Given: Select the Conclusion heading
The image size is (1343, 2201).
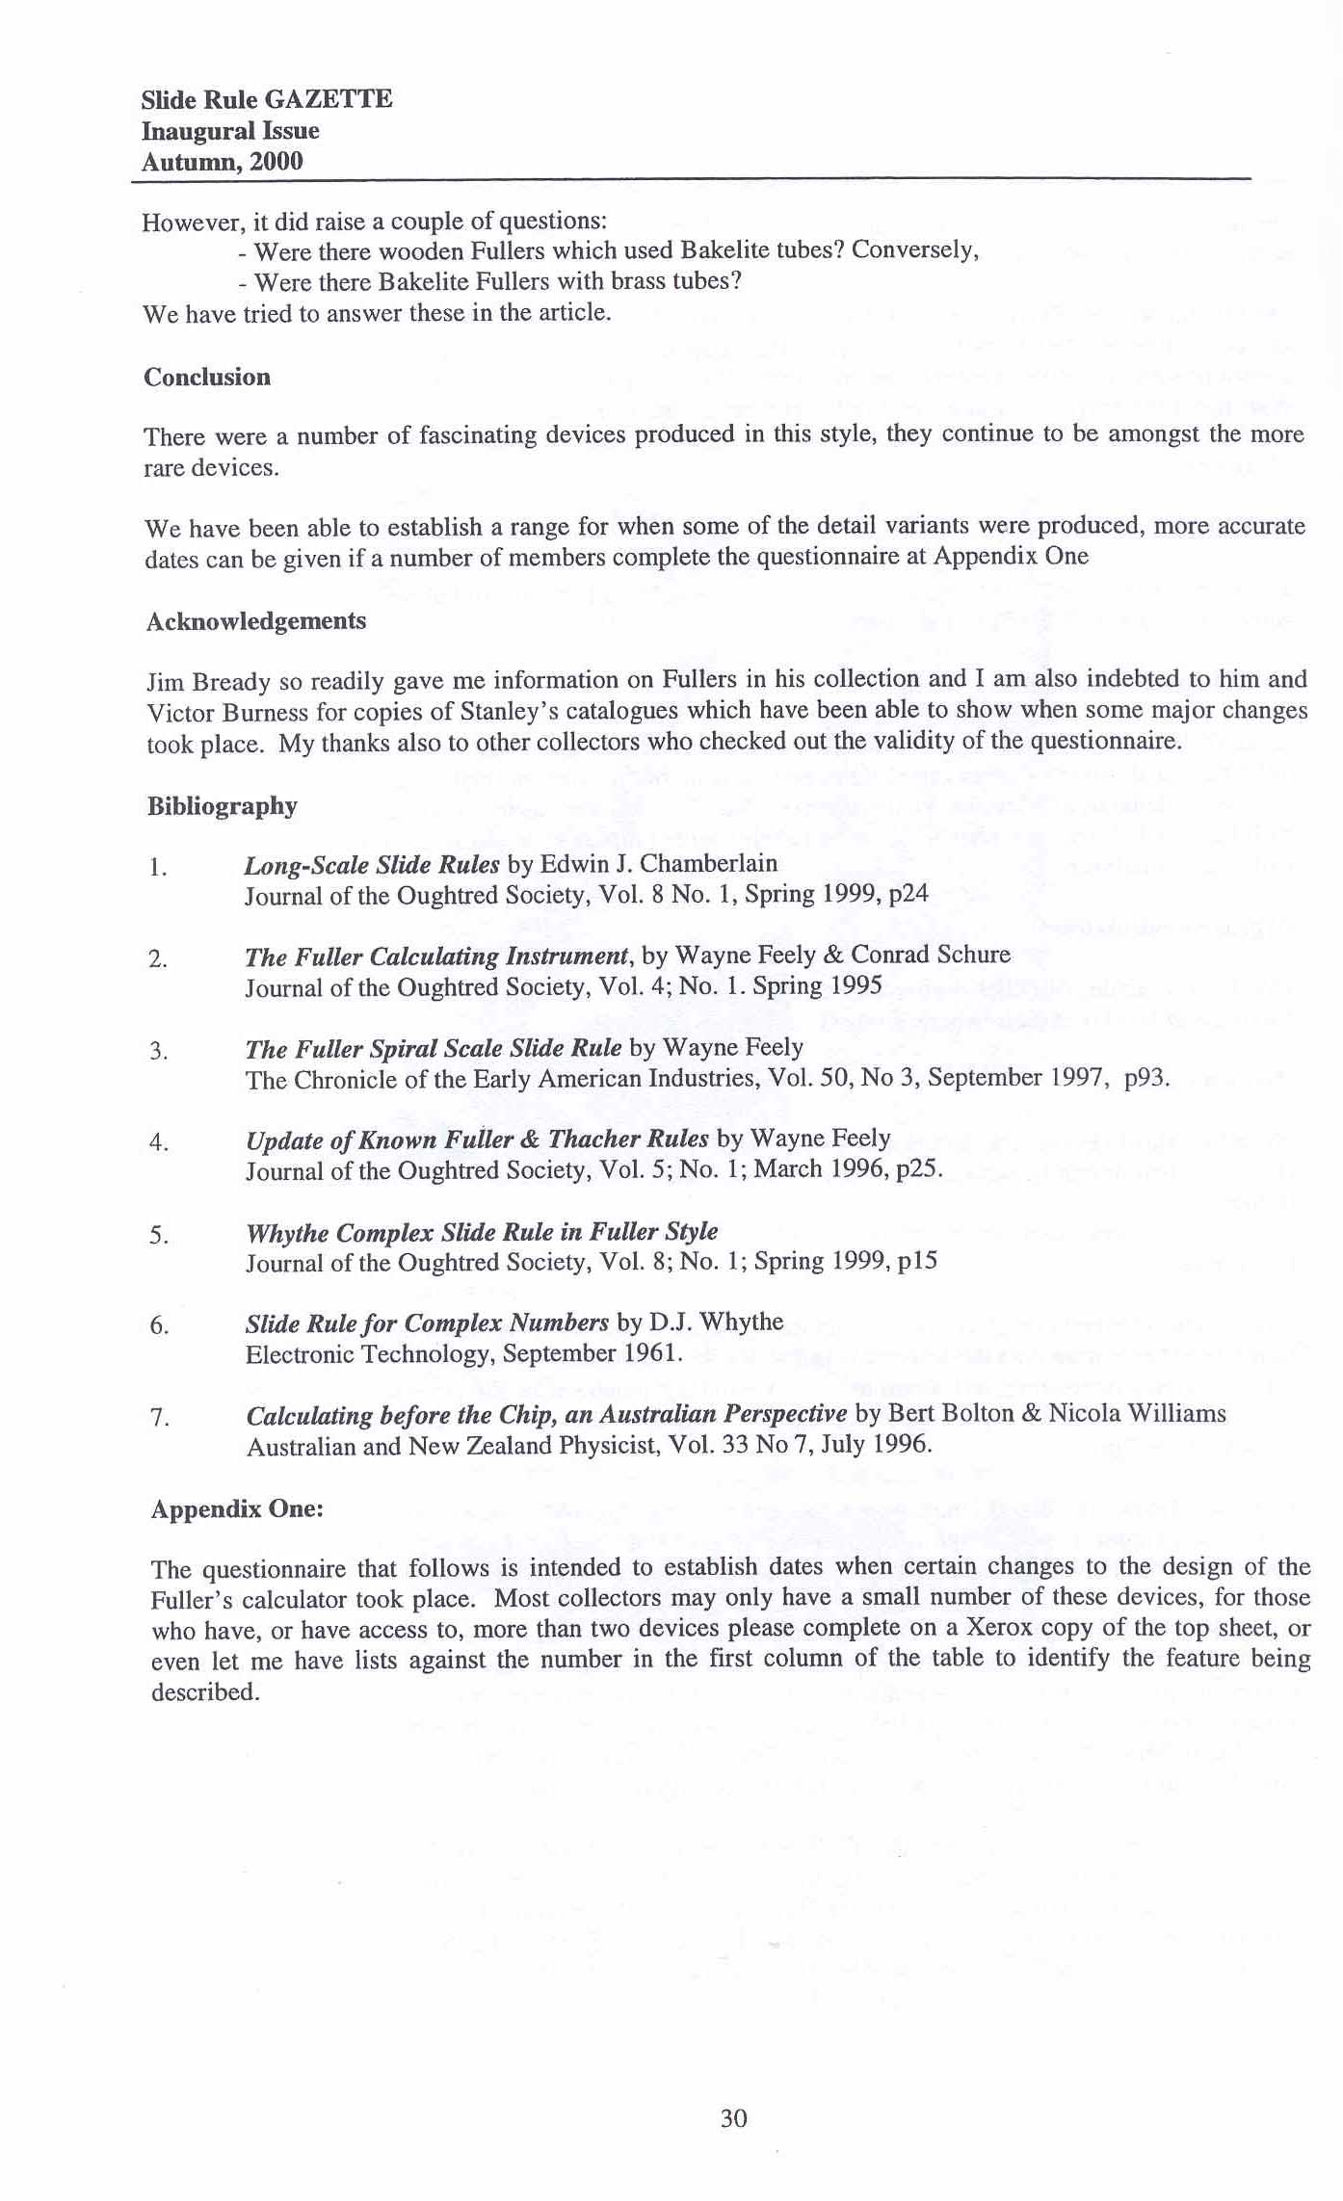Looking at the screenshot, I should click(x=207, y=377).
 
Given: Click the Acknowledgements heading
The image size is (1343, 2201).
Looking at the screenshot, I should click(x=256, y=621).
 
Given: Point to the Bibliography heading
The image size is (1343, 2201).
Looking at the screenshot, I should click(x=222, y=805).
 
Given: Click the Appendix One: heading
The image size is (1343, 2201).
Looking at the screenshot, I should click(x=237, y=1508).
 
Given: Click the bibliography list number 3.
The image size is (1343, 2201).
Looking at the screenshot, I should click(x=159, y=1051).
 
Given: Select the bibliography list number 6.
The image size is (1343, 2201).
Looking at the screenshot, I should click(x=160, y=1326).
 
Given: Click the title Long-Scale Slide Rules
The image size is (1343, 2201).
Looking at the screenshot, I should click(x=372, y=864).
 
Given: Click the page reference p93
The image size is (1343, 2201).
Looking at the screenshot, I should click(x=1145, y=1078).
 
